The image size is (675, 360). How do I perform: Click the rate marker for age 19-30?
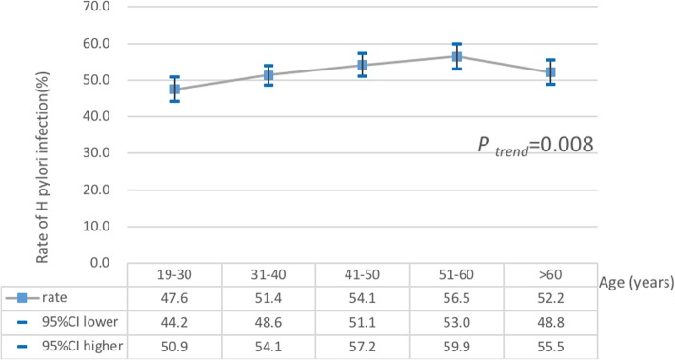click(175, 90)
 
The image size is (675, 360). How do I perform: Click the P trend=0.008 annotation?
click(536, 145)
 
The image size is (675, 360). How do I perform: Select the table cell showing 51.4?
click(268, 298)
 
